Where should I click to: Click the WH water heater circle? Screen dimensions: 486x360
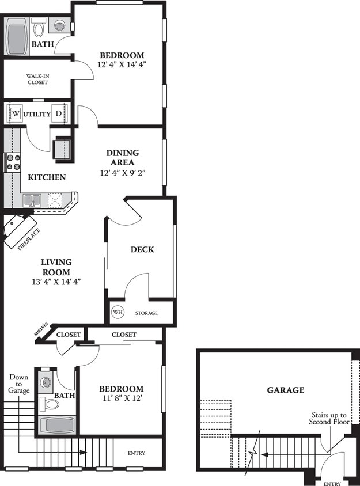[118, 313]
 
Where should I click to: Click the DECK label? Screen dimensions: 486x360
[142, 249]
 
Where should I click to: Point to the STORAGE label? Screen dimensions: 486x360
[146, 313]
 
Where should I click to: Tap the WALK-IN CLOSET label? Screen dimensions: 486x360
[37, 79]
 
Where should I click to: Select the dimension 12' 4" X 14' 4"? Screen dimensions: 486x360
[120, 64]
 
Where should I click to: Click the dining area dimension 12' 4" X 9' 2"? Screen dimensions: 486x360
[122, 172]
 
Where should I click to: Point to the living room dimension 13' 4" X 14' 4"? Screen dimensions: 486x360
[56, 282]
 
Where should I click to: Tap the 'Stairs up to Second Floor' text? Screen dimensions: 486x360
[328, 418]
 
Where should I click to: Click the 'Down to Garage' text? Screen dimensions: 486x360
[18, 384]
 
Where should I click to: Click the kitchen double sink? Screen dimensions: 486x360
[32, 200]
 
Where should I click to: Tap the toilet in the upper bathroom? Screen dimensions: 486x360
[39, 27]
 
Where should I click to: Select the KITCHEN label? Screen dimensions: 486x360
[48, 177]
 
